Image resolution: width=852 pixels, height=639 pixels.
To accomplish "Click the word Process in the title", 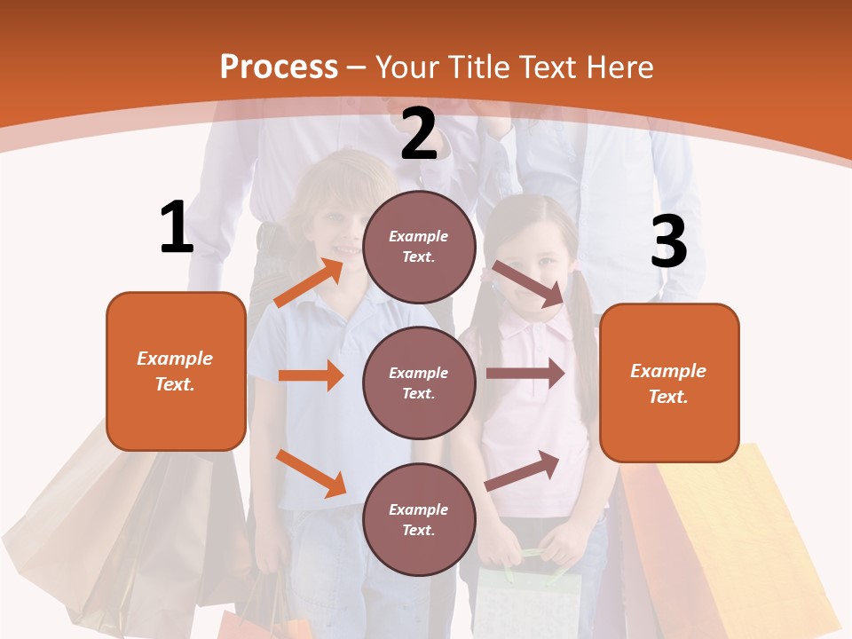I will click(279, 67).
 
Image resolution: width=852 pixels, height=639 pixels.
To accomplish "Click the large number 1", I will click(177, 227).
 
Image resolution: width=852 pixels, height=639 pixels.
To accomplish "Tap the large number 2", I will click(419, 134).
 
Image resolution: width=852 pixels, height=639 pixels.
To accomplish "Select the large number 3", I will click(668, 241).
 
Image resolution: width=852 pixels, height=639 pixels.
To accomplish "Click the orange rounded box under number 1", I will click(176, 371).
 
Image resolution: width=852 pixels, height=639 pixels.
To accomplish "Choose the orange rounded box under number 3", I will click(669, 383).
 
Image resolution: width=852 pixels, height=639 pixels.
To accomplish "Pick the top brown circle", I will click(419, 247).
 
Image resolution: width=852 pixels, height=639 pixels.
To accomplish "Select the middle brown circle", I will click(419, 383).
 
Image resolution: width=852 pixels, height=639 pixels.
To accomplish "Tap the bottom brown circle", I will click(419, 519).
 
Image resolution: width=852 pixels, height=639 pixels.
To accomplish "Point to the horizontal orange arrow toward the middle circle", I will click(311, 375).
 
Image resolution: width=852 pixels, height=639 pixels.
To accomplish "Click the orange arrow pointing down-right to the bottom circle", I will click(311, 473).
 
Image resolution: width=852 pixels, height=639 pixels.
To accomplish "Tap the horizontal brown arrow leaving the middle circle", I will click(525, 373).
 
